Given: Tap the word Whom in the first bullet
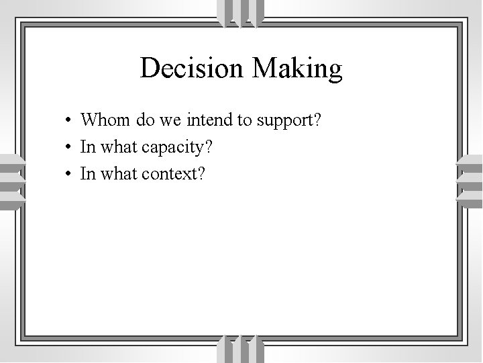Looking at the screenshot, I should click(105, 121).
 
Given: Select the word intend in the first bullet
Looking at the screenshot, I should click(208, 121).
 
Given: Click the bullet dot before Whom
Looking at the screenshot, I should click(69, 122).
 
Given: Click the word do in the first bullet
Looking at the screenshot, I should click(144, 121).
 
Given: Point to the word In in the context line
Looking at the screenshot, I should click(87, 174).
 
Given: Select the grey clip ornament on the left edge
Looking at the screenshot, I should click(12, 182).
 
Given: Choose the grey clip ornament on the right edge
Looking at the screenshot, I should click(470, 182).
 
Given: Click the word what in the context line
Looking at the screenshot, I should click(117, 174).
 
